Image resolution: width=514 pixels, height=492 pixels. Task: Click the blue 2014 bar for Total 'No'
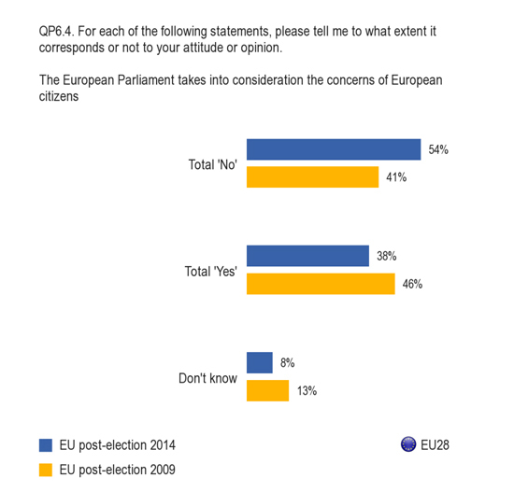(x=334, y=149)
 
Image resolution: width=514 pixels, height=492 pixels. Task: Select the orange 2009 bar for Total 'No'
(x=313, y=176)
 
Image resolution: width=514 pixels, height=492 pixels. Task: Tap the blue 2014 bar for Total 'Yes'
(x=307, y=256)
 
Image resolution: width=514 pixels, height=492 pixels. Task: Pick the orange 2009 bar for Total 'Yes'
(x=321, y=284)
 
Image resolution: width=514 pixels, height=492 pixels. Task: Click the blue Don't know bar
(x=260, y=362)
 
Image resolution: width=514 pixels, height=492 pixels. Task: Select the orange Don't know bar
(x=268, y=390)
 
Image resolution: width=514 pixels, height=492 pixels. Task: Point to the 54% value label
(x=438, y=149)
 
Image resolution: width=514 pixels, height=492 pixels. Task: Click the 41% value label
(x=396, y=177)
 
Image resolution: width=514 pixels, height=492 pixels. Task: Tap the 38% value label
(x=387, y=256)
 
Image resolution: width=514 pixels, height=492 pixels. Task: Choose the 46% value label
(x=412, y=284)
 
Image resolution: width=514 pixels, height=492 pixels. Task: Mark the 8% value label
(x=287, y=362)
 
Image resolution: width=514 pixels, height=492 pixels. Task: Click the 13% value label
(x=307, y=390)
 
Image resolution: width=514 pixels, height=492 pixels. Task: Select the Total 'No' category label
(x=213, y=164)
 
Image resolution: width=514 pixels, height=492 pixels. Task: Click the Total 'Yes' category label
(x=211, y=272)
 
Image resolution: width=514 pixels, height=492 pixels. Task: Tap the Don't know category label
(x=207, y=378)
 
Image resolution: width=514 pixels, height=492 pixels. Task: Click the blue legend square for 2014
(x=46, y=445)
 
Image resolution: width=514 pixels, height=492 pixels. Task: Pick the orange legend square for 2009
(x=46, y=470)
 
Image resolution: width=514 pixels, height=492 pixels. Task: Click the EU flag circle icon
(x=408, y=444)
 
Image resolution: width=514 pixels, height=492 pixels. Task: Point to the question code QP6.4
(x=57, y=32)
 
